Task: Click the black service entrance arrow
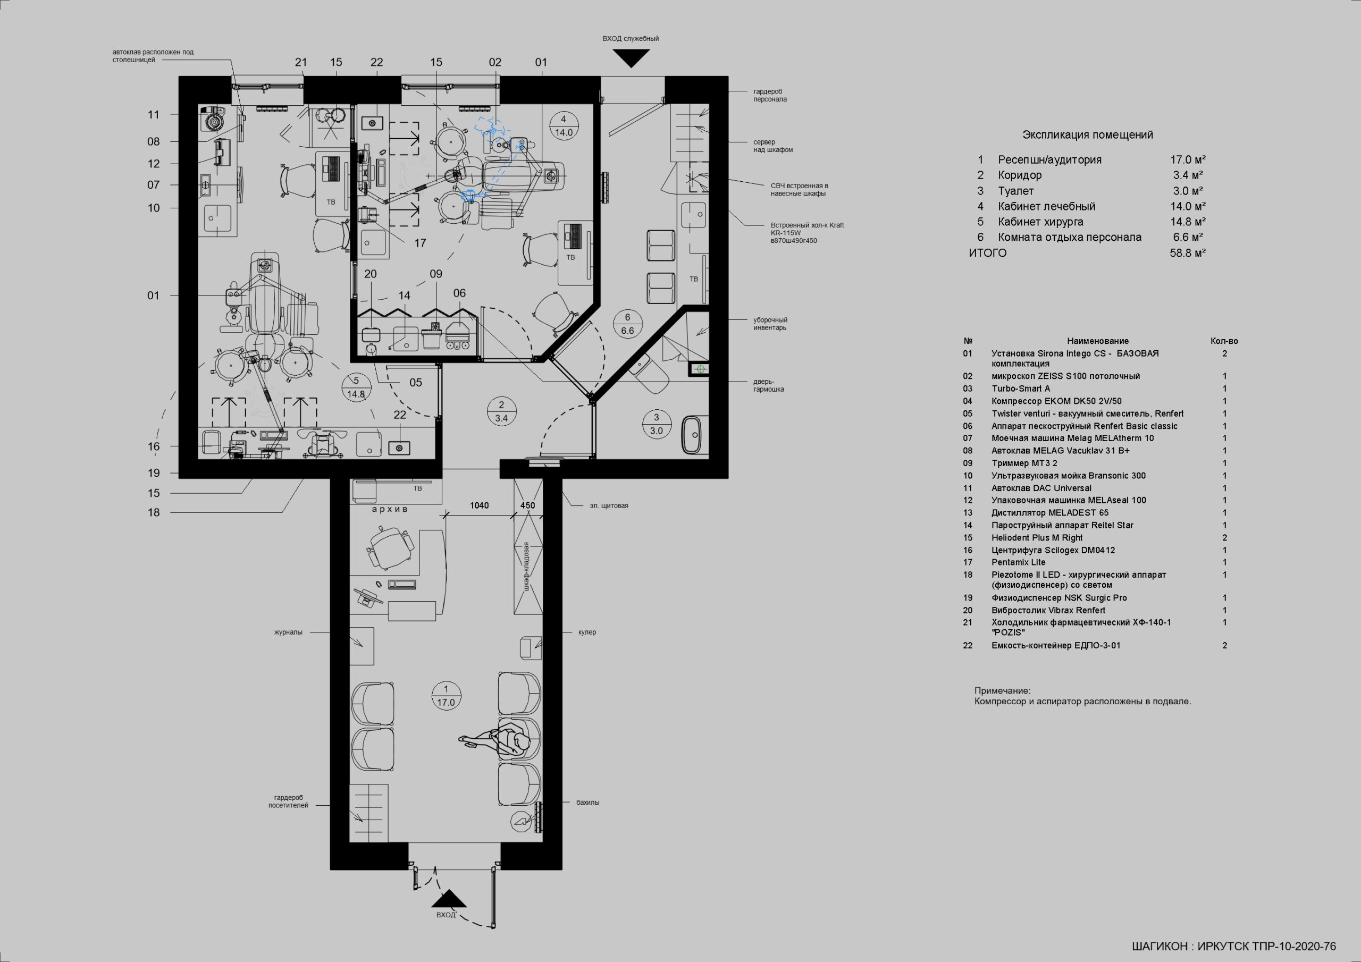(631, 57)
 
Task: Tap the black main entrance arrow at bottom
(449, 898)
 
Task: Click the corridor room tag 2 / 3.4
(501, 411)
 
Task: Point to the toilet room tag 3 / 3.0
(656, 424)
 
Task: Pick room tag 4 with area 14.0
(564, 125)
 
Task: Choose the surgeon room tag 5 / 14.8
(356, 387)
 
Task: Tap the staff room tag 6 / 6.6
(628, 324)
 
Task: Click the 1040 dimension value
(479, 505)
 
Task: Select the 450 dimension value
(527, 505)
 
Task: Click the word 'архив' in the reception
(390, 509)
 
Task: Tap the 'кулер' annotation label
(587, 632)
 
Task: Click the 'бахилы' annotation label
(588, 803)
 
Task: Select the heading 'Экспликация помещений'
(1088, 135)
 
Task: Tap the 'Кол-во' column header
(1224, 341)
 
